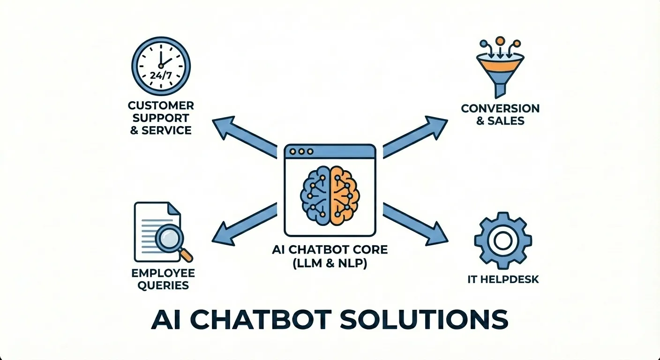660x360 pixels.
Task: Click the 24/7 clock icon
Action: pyautogui.click(x=161, y=66)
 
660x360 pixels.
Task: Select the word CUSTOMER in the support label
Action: pyautogui.click(x=161, y=105)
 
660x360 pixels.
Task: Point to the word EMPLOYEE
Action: pyautogui.click(x=163, y=273)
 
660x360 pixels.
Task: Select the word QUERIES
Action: pyautogui.click(x=163, y=285)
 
